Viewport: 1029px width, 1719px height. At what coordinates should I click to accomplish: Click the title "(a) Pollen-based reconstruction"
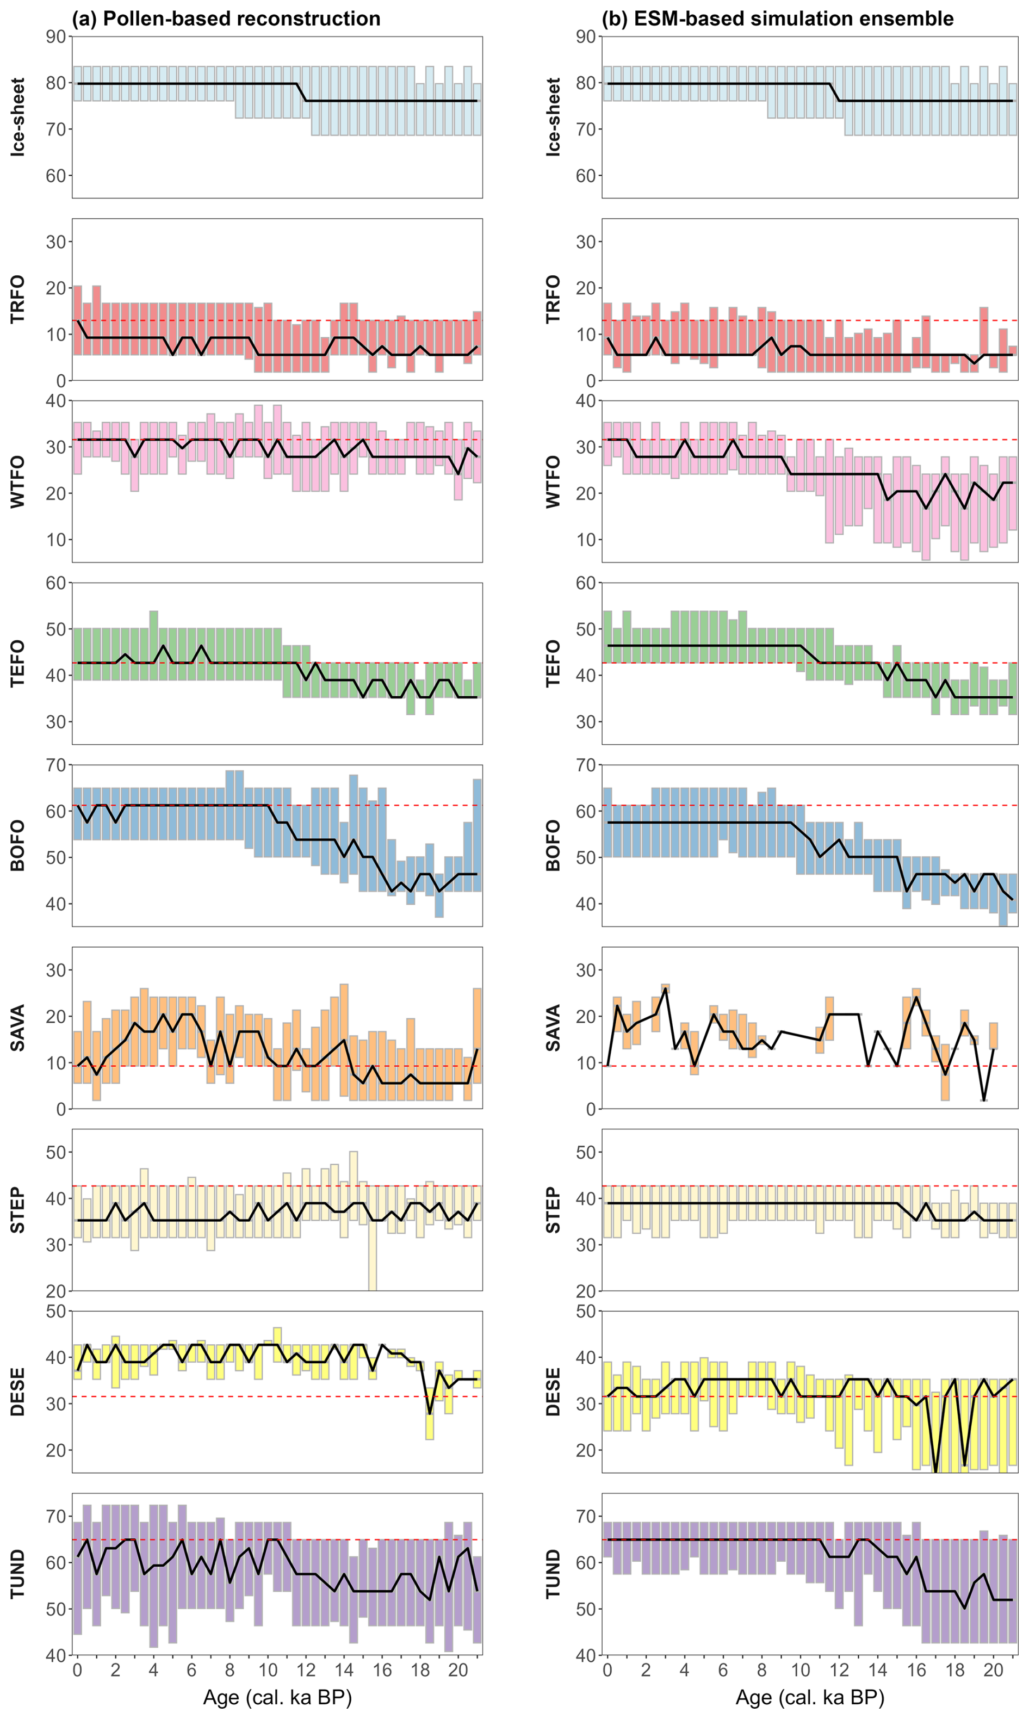pyautogui.click(x=226, y=18)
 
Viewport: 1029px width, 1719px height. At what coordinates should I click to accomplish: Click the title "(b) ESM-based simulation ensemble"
pyautogui.click(x=777, y=18)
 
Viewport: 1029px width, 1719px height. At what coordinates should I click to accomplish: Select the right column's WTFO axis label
pyautogui.click(x=553, y=481)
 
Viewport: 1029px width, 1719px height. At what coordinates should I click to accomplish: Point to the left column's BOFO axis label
pyautogui.click(x=17, y=845)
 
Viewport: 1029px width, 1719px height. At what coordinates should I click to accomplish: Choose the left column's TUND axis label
pyautogui.click(x=17, y=1574)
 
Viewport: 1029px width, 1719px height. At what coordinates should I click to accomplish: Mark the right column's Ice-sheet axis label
pyautogui.click(x=553, y=116)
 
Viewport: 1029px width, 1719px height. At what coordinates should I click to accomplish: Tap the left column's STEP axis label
pyautogui.click(x=17, y=1209)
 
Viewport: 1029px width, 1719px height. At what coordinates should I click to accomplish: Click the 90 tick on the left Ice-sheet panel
pyautogui.click(x=56, y=37)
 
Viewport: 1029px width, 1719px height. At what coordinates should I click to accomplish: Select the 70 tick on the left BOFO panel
pyautogui.click(x=56, y=765)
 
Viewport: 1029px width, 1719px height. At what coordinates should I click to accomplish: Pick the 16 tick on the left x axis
pyautogui.click(x=382, y=1671)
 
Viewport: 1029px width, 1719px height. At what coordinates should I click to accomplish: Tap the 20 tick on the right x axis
pyautogui.click(x=993, y=1671)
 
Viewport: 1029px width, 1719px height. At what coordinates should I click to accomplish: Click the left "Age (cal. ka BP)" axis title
pyautogui.click(x=277, y=1697)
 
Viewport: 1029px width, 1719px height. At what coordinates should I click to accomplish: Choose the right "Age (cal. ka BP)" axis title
pyautogui.click(x=810, y=1697)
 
